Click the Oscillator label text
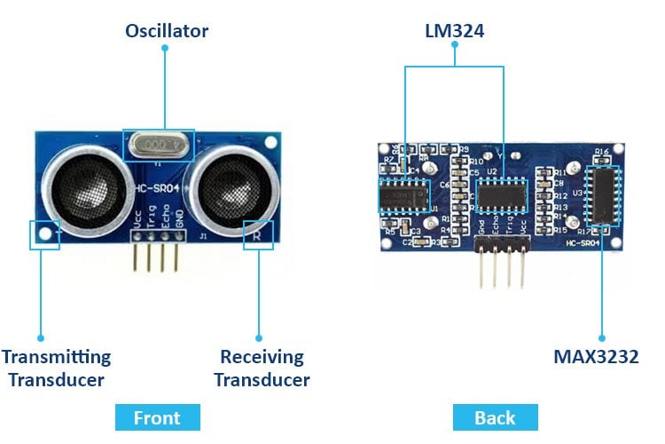coord(167,31)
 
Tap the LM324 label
coord(455,31)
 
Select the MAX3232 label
coord(596,357)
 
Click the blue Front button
coord(157,417)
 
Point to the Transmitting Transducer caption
coord(56,369)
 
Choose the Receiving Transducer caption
coord(262,369)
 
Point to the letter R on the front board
coord(257,235)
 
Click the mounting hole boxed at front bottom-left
coord(43,234)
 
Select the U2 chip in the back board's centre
coord(503,193)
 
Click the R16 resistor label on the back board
coord(602,153)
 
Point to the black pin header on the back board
coord(501,243)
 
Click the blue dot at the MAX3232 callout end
coord(602,337)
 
